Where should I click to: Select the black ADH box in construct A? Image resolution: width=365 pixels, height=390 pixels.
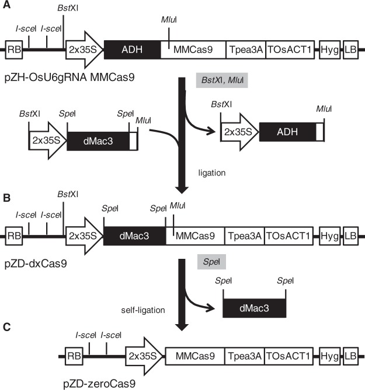pyautogui.click(x=132, y=49)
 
